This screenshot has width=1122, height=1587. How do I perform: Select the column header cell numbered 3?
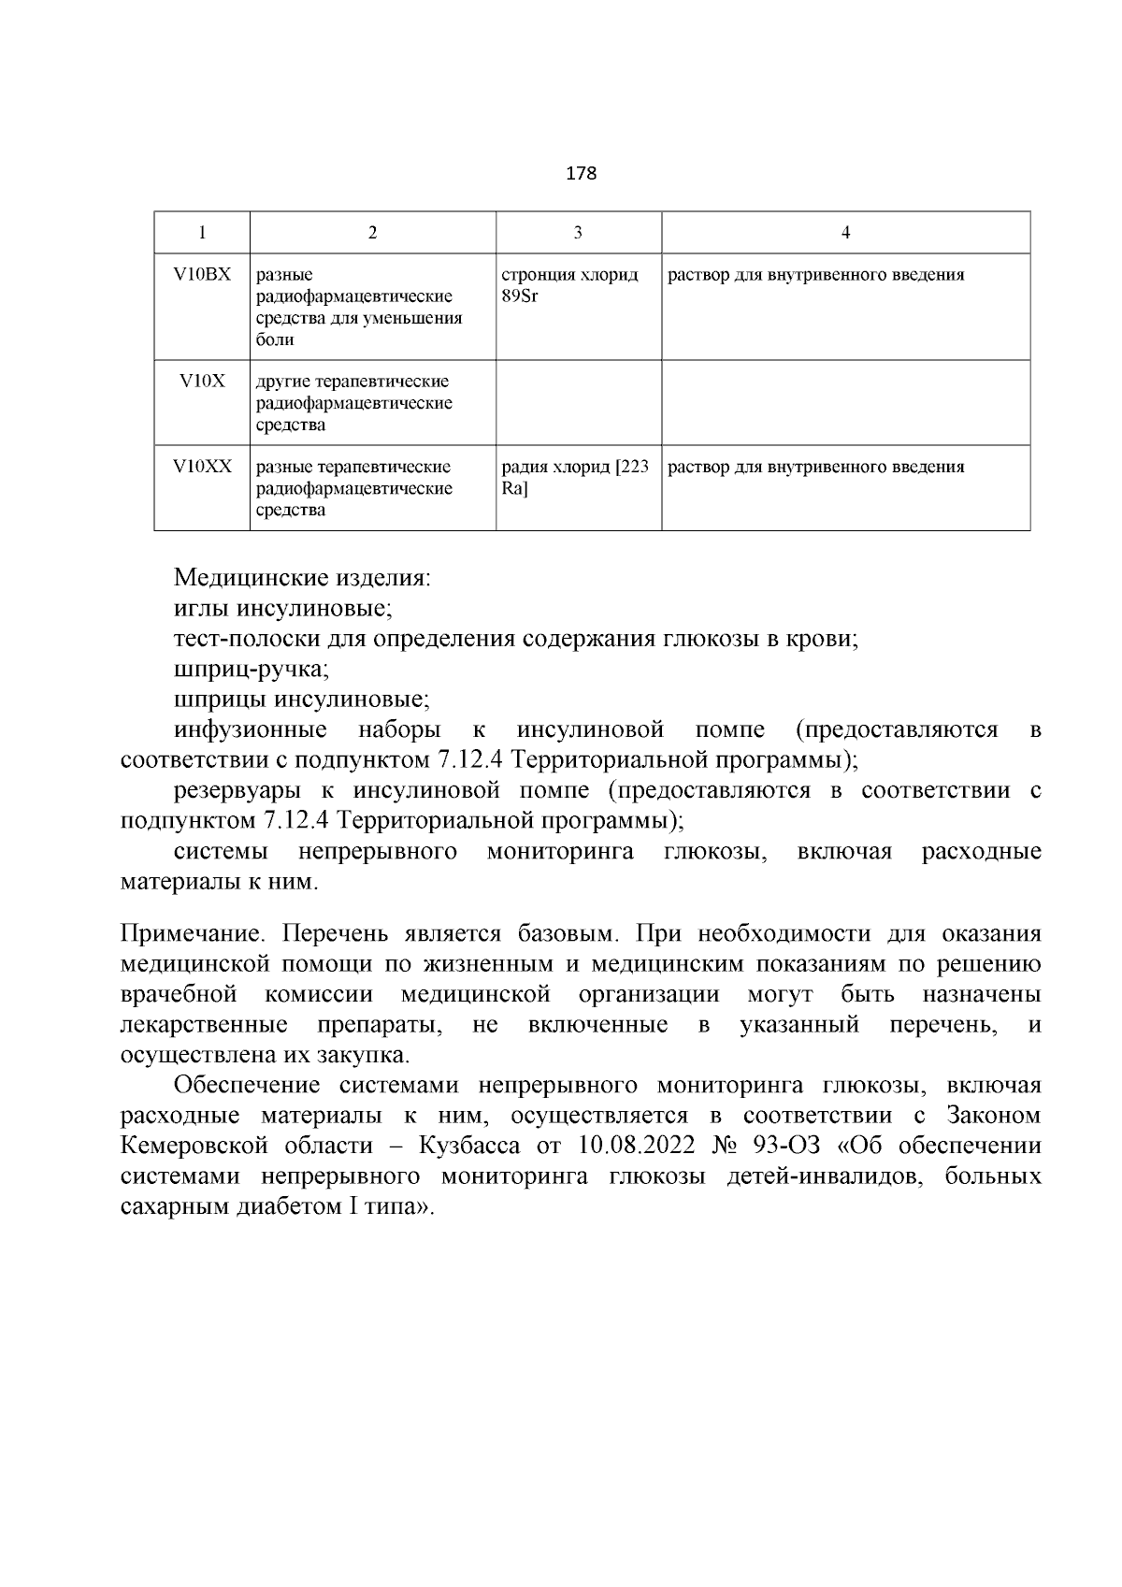click(578, 233)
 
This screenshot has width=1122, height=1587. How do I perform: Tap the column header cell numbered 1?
click(202, 233)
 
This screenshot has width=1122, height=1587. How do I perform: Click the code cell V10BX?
click(202, 275)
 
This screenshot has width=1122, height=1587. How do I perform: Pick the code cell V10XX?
click(202, 467)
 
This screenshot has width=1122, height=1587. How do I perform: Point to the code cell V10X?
click(202, 382)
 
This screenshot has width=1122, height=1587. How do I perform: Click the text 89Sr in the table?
click(521, 296)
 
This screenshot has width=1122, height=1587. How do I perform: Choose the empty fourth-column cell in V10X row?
click(845, 402)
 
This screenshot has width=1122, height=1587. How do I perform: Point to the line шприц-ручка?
click(252, 670)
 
